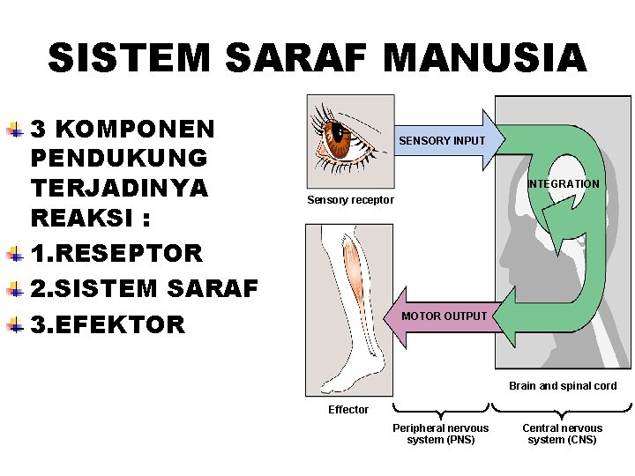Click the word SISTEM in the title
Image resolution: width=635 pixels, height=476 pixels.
click(x=130, y=59)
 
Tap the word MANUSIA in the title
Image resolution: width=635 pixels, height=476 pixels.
click(x=484, y=59)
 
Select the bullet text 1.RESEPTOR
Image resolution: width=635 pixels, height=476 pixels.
click(x=116, y=254)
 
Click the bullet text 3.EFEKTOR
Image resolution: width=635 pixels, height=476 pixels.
click(x=108, y=324)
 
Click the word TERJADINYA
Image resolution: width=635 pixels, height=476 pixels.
click(x=119, y=190)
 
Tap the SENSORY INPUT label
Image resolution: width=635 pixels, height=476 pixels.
click(x=442, y=141)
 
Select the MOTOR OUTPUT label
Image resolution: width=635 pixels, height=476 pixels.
click(x=444, y=316)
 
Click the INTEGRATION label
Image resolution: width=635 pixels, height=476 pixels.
click(x=564, y=184)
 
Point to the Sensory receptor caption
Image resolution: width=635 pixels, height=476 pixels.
click(x=350, y=200)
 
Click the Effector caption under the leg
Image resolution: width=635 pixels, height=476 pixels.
click(x=348, y=409)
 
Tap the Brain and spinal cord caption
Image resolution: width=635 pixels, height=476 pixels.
click(x=563, y=386)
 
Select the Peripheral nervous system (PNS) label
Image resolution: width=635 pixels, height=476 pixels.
click(x=440, y=434)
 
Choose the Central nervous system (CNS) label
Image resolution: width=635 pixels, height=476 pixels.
click(x=563, y=434)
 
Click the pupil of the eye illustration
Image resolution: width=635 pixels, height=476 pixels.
click(x=338, y=135)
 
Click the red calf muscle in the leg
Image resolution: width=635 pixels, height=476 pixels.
click(x=353, y=273)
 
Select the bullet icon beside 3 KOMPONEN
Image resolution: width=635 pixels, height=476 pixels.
click(x=15, y=130)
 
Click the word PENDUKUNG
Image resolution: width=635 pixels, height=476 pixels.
click(x=119, y=160)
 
